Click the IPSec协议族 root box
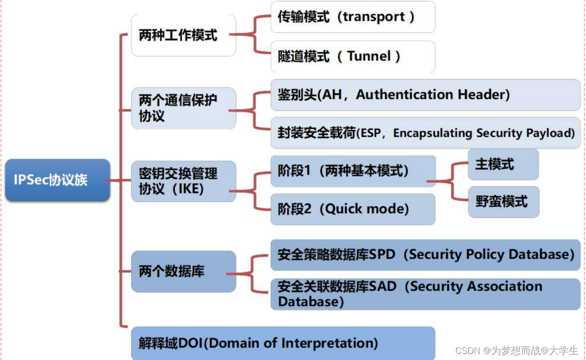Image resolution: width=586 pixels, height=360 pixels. click(x=57, y=180)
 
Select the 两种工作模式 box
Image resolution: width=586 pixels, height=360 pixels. click(x=183, y=35)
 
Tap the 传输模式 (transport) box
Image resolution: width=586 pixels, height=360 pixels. click(x=352, y=17)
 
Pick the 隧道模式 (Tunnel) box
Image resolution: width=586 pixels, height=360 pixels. click(x=352, y=56)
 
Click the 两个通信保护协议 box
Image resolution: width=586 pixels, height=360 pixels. click(x=183, y=108)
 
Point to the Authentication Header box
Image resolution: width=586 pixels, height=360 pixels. click(x=425, y=94)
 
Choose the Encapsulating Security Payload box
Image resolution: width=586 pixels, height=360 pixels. click(x=425, y=133)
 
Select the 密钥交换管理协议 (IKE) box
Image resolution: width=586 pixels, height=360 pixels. click(x=183, y=181)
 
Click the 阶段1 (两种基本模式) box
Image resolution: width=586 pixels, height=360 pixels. click(x=352, y=171)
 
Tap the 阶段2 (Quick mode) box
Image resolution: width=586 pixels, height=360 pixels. click(x=352, y=209)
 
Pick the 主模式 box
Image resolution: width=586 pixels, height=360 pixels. click(x=503, y=164)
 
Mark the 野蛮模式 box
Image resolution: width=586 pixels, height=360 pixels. click(x=503, y=202)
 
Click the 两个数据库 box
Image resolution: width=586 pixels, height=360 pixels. click(x=183, y=271)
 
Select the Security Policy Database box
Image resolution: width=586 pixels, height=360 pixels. click(x=425, y=255)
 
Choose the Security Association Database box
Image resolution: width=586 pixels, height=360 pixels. click(x=425, y=294)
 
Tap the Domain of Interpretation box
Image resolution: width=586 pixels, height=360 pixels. click(x=283, y=343)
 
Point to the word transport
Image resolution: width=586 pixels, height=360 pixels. click(x=374, y=17)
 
